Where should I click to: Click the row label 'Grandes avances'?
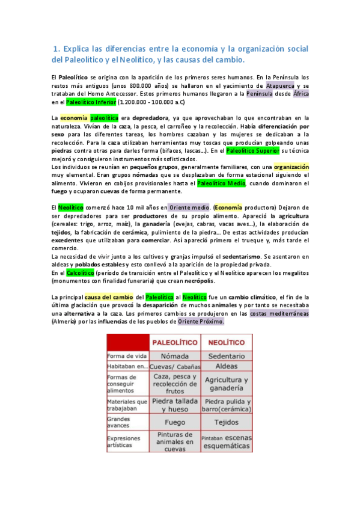click(x=118, y=422)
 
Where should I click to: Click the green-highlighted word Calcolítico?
click(x=76, y=272)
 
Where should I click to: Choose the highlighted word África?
click(x=301, y=94)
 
